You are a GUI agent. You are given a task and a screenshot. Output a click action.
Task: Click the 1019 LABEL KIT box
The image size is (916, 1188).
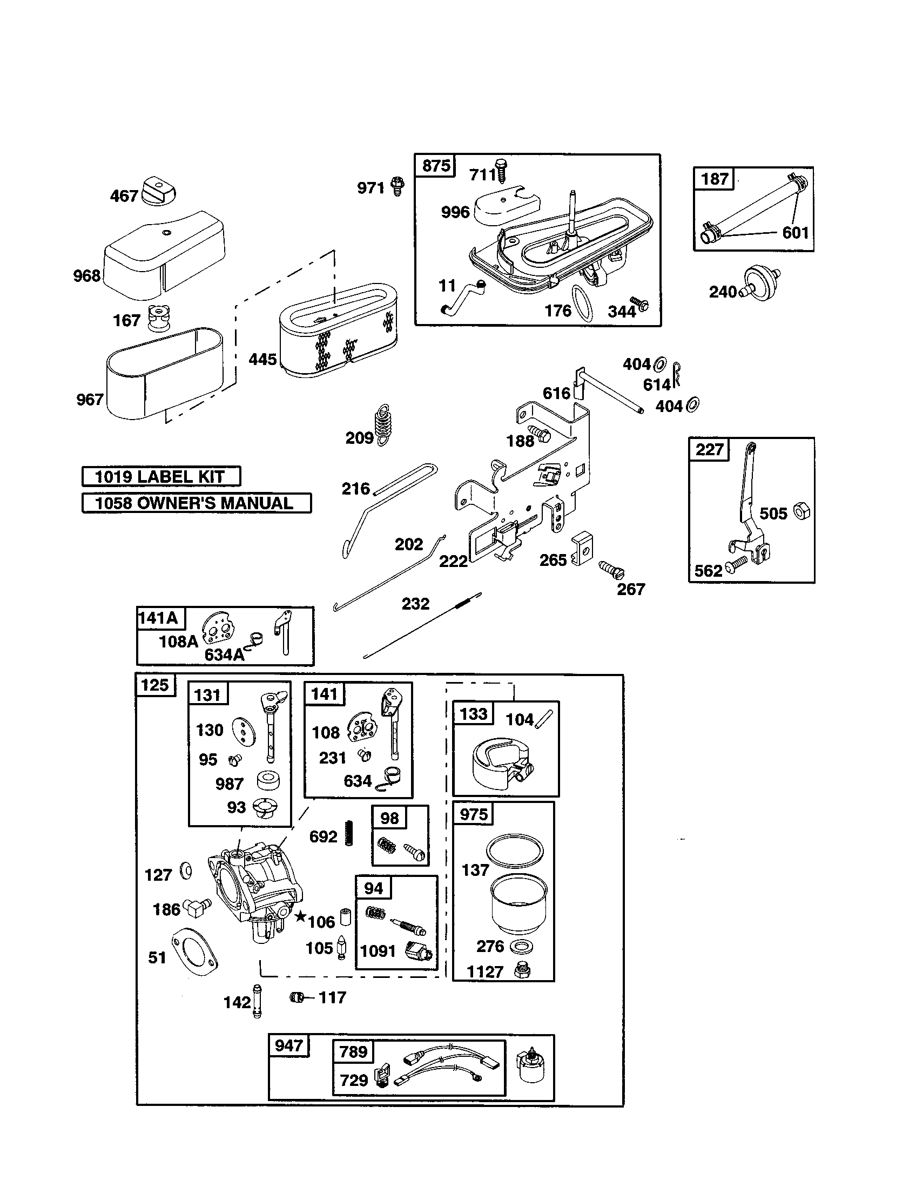[161, 476]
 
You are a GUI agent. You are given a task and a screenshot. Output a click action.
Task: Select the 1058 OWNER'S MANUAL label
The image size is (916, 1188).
[196, 503]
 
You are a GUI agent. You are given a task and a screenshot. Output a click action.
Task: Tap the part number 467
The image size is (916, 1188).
[124, 196]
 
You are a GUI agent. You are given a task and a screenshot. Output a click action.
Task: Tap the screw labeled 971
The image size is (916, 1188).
[399, 187]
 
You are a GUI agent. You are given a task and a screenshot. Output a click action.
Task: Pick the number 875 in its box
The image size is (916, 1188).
[436, 165]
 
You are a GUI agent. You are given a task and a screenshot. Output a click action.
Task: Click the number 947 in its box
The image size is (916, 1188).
[288, 1045]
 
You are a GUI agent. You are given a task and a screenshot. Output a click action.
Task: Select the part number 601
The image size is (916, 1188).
[795, 233]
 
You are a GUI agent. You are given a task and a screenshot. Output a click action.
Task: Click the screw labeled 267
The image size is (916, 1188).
[612, 570]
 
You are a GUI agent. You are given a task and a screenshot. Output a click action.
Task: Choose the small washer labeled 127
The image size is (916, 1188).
[186, 870]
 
